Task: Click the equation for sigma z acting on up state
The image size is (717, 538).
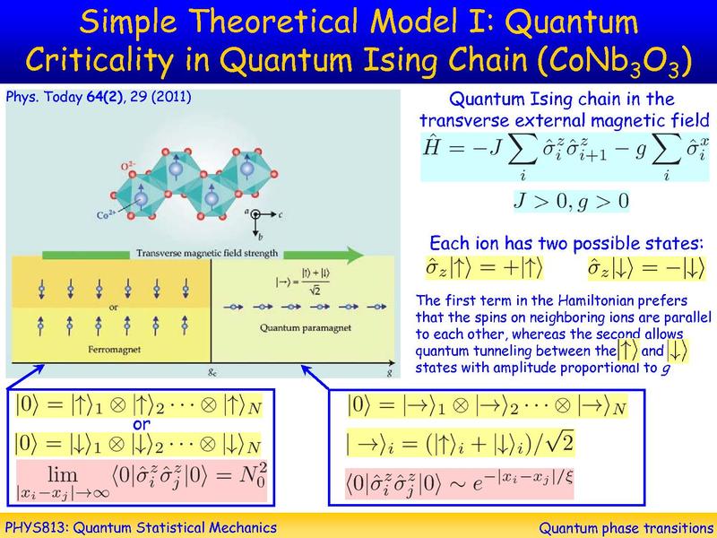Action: click(x=486, y=267)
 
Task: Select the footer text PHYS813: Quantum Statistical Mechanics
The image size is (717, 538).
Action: click(x=141, y=526)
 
